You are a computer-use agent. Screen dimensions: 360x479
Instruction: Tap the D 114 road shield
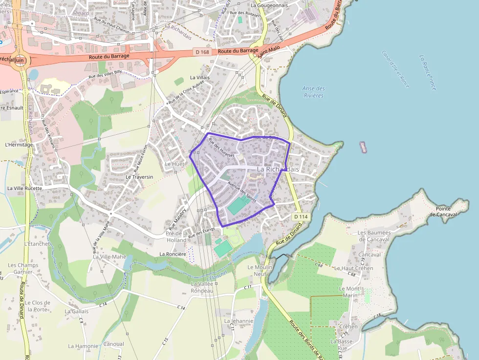coord(300,216)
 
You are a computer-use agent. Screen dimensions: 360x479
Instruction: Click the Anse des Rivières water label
coord(313,92)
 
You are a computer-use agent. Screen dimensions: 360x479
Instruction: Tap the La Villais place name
coord(200,77)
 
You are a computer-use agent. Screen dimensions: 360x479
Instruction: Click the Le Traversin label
coord(139,177)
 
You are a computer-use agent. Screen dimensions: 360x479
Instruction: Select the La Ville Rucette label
coord(25,188)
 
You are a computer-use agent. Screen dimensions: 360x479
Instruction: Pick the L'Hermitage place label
coord(19,145)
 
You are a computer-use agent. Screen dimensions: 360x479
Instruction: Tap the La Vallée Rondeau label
coord(202,287)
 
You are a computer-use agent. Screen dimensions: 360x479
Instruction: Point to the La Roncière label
coord(173,254)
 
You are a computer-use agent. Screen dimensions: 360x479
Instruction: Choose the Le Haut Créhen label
coord(354,268)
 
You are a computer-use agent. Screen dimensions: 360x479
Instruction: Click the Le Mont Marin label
coord(350,292)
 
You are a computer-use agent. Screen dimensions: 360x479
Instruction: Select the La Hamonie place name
coord(83,346)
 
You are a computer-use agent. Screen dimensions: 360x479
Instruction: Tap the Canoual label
coord(114,344)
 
